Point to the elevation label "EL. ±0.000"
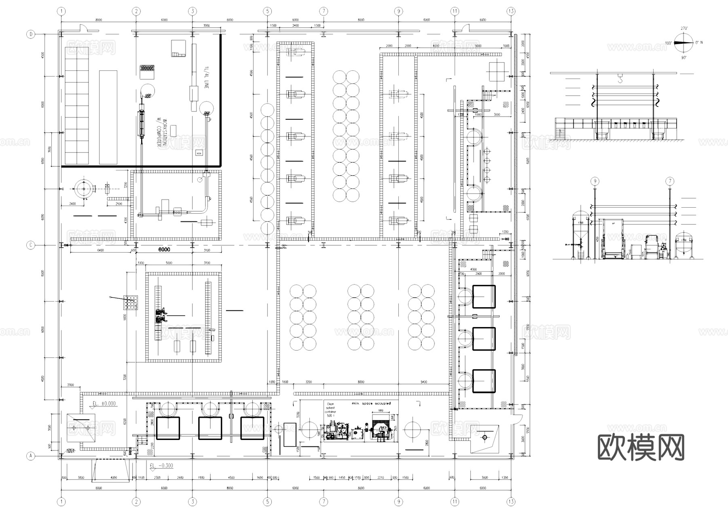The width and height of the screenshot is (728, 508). pyautogui.click(x=104, y=404)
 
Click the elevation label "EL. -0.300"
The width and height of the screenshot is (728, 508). pyautogui.click(x=161, y=465)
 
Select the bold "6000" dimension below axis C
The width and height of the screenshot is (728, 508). pyautogui.click(x=164, y=250)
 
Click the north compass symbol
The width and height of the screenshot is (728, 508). pyautogui.click(x=684, y=43)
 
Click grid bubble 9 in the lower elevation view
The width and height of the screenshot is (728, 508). pyautogui.click(x=595, y=181)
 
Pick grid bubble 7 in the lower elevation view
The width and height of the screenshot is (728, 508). pyautogui.click(x=670, y=181)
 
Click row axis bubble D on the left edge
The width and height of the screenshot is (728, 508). pyautogui.click(x=31, y=34)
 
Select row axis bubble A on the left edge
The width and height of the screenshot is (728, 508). pyautogui.click(x=31, y=456)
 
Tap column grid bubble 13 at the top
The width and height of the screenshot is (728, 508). pyautogui.click(x=511, y=11)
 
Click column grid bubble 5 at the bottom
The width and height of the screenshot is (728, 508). pyautogui.click(x=267, y=502)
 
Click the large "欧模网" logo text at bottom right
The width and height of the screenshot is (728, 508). pyautogui.click(x=641, y=447)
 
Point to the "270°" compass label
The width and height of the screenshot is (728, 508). pyautogui.click(x=684, y=28)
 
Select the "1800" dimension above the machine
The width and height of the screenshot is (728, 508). pyautogui.click(x=380, y=411)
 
